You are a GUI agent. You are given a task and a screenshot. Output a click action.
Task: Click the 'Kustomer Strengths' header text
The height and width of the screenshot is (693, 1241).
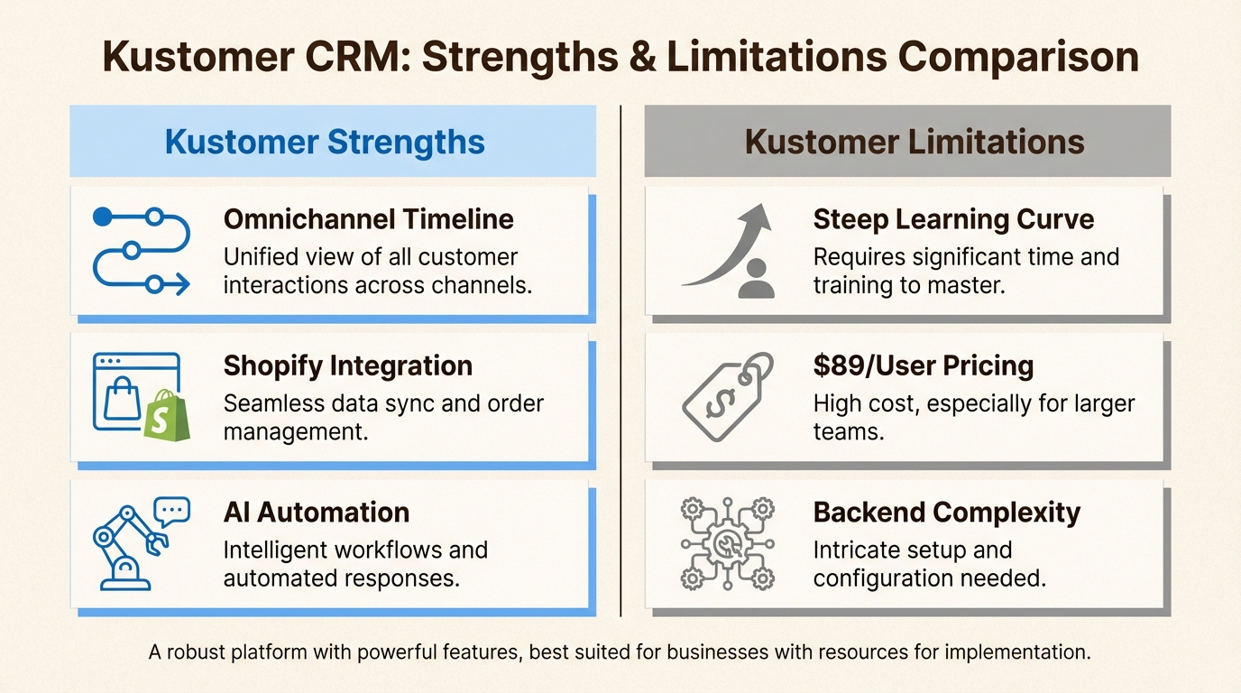point(325,142)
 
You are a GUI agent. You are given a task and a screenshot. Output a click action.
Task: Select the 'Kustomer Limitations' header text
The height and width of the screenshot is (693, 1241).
point(915,142)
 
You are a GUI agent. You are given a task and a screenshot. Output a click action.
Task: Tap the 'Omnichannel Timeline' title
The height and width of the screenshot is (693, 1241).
point(368,219)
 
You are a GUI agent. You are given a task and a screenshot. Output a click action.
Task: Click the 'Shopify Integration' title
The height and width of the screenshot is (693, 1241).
point(348,366)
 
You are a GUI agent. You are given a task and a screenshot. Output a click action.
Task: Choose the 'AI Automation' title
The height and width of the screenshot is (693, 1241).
point(317,513)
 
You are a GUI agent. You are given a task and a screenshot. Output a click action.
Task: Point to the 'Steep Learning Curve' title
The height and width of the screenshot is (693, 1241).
point(953,220)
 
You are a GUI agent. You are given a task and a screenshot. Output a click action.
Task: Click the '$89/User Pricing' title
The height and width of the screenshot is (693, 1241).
point(924,366)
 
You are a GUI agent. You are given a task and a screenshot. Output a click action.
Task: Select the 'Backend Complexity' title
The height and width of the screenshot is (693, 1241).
point(947,513)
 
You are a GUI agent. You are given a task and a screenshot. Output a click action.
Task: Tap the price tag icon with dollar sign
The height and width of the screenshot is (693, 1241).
point(728,396)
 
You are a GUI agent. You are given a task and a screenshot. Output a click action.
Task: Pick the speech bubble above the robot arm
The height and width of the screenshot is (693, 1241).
point(172,511)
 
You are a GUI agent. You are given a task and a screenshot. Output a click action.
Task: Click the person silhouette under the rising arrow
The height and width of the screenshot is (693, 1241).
point(756,279)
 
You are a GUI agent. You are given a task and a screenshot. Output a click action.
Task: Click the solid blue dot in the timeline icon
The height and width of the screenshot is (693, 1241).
point(103,217)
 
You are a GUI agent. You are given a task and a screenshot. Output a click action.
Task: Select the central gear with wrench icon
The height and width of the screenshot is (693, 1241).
point(727,544)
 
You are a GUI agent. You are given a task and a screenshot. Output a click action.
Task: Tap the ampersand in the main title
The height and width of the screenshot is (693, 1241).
point(643,57)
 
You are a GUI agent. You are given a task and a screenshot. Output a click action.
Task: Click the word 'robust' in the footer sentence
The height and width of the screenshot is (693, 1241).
point(196,652)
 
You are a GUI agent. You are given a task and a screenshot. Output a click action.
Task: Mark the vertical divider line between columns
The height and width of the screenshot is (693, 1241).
point(620,361)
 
